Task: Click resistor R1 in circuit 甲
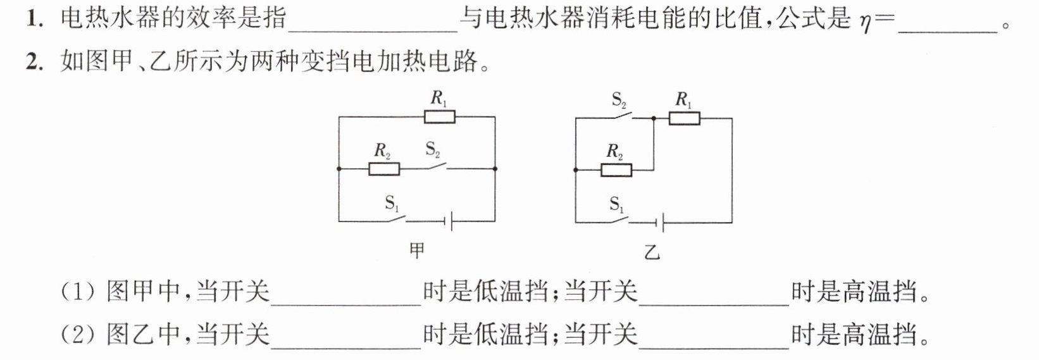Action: click(x=439, y=116)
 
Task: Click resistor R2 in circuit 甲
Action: click(x=384, y=169)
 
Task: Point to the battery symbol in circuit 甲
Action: click(x=448, y=221)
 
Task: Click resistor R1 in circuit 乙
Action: click(x=684, y=118)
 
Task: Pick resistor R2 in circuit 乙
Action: click(x=616, y=170)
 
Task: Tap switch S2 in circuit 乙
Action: click(x=620, y=116)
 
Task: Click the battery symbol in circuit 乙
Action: click(x=660, y=223)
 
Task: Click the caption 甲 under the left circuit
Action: click(x=417, y=251)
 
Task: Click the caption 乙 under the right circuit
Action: click(x=652, y=252)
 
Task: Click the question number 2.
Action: click(x=35, y=62)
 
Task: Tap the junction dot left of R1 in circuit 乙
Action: click(x=654, y=118)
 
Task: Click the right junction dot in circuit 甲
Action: click(x=495, y=169)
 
